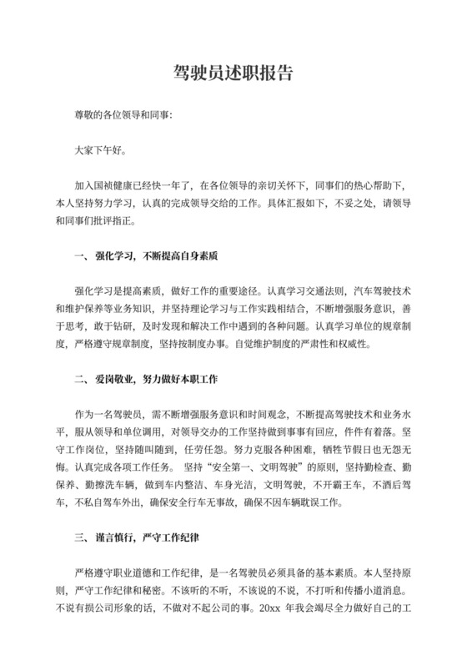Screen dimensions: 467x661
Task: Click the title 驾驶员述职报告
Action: tap(233, 73)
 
